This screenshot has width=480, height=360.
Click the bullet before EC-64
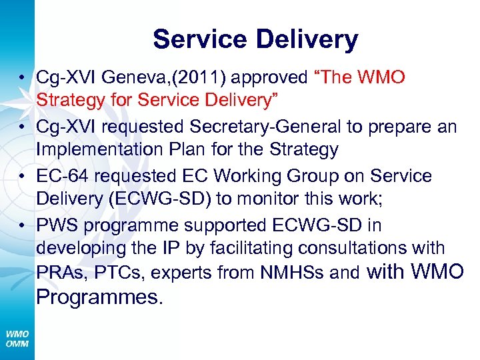22,176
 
